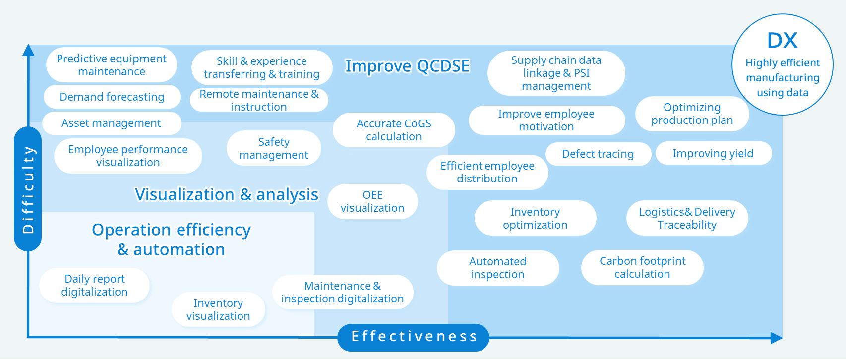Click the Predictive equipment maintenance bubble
(112, 65)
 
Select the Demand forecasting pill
(112, 97)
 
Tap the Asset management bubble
(112, 123)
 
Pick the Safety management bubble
(274, 148)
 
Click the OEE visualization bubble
(372, 201)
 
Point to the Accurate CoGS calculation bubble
(394, 130)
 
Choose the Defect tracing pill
(598, 154)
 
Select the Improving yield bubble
(714, 153)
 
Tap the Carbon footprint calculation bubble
(642, 267)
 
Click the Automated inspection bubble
(498, 268)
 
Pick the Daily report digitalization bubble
(94, 285)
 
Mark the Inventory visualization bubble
(218, 309)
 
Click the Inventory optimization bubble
(535, 218)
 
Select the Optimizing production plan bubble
(692, 114)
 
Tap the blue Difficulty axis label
(28, 189)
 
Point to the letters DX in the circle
(783, 41)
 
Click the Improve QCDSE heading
(408, 66)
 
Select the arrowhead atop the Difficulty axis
(28, 50)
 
